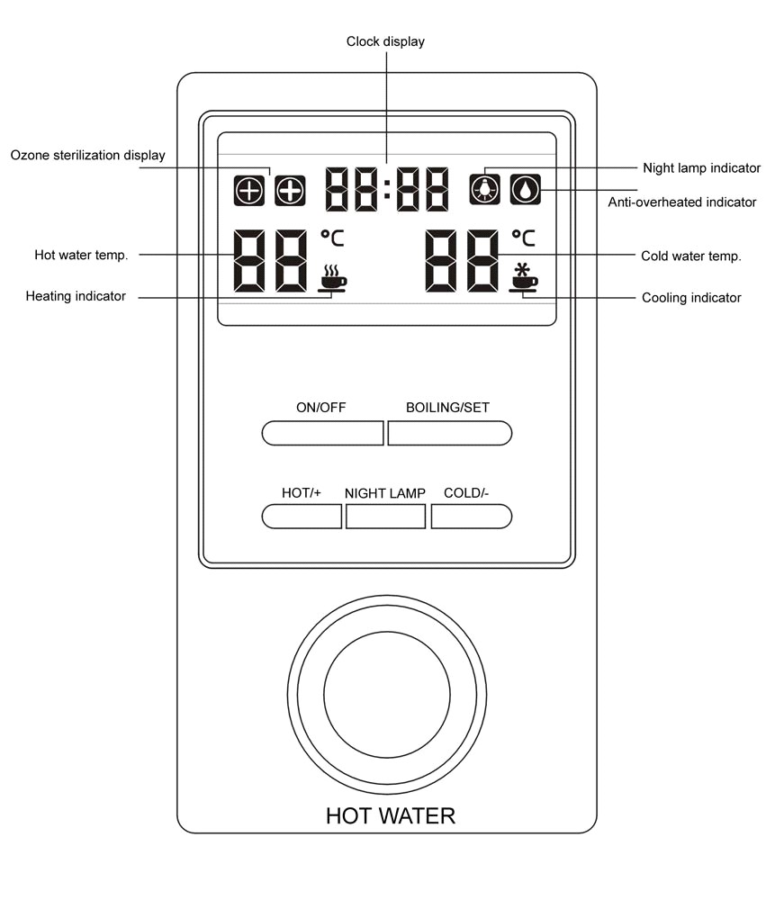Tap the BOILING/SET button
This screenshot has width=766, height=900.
pos(450,433)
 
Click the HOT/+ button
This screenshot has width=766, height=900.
pos(302,516)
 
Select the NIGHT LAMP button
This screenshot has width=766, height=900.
pos(386,516)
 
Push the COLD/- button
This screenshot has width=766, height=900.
pos(472,516)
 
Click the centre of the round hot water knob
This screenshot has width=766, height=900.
pos(387,695)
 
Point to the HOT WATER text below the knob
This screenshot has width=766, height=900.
pos(391,815)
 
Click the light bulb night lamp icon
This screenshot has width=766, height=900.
pos(484,189)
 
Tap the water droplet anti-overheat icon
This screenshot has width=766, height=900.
pos(526,189)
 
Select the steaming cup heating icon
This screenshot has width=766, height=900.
pos(333,278)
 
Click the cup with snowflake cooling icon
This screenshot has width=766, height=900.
pos(523,278)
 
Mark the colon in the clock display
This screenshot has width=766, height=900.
pos(387,189)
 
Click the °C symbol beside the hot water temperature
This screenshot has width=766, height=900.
pos(332,238)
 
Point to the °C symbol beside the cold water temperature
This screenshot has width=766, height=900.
pos(524,238)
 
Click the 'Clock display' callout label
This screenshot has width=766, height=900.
pos(385,41)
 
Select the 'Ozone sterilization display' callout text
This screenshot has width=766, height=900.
pos(88,155)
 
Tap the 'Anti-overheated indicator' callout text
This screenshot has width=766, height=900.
pos(682,202)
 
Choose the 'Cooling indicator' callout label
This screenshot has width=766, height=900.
pos(691,297)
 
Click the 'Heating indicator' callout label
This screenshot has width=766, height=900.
pos(76,296)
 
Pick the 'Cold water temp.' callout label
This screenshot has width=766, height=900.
pos(691,256)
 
